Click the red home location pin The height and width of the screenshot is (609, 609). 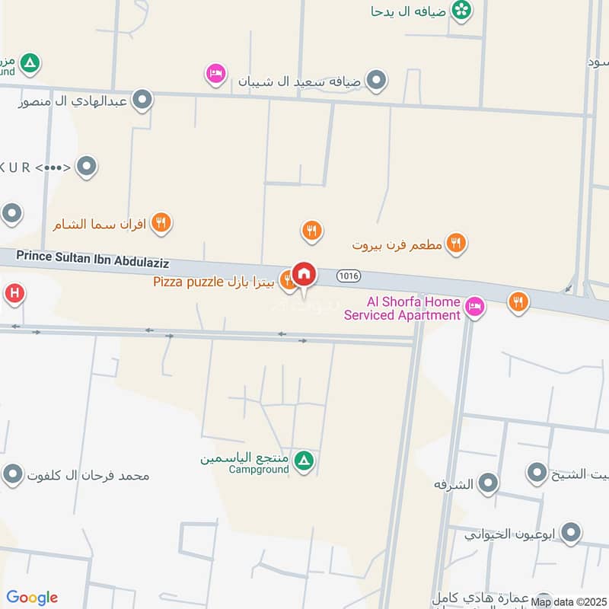pos(304,274)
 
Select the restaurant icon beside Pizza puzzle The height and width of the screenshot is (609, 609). pos(288,281)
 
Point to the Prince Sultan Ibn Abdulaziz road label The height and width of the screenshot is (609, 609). pos(92,260)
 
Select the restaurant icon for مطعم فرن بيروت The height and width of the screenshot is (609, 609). pos(455,244)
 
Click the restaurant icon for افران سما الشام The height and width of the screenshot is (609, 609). pos(160,223)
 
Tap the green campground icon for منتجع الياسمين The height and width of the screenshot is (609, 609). pos(304,461)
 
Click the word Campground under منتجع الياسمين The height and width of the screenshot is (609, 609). pos(259,470)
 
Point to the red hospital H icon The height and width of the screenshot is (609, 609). pos(13,293)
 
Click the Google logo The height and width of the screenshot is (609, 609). pos(32,598)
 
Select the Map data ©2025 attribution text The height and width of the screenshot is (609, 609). pos(569,602)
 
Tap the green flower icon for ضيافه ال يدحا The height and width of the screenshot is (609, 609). pos(461,10)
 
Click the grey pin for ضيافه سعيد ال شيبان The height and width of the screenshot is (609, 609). pos(375,79)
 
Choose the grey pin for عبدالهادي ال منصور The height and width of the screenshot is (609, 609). pos(142,99)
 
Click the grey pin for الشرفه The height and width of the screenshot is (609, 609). pos(487,483)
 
